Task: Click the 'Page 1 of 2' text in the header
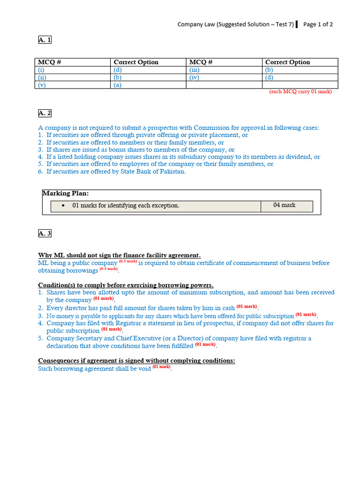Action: point(318,25)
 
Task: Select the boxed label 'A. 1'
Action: point(45,40)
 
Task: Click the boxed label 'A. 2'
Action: point(45,113)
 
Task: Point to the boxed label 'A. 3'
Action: point(45,233)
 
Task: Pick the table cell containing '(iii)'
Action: point(194,70)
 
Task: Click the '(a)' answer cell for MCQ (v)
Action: point(118,85)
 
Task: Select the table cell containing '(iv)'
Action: point(194,77)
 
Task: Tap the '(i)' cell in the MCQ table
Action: point(42,70)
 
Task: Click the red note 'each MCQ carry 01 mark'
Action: point(300,92)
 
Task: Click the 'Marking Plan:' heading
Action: point(65,194)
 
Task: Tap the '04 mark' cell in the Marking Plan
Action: point(285,205)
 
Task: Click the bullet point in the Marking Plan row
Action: point(63,206)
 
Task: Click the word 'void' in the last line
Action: point(144,368)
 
